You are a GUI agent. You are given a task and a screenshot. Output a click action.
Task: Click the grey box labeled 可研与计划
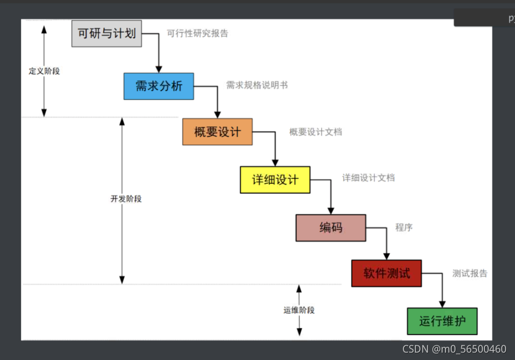click(x=106, y=34)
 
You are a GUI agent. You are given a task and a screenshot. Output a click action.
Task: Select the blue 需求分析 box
click(x=159, y=86)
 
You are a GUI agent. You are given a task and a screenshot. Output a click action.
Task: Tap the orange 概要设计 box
click(x=217, y=132)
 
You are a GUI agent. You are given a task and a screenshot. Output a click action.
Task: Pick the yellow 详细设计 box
click(x=275, y=179)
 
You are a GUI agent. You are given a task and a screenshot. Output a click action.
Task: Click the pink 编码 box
click(x=331, y=227)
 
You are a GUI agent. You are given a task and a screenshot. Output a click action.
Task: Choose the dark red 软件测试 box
click(x=387, y=273)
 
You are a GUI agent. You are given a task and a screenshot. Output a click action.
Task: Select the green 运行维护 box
click(x=442, y=321)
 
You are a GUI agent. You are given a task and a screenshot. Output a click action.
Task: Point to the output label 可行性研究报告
click(x=197, y=33)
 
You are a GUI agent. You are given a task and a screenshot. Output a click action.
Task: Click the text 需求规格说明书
click(x=257, y=85)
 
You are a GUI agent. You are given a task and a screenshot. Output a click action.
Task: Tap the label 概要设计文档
click(x=315, y=132)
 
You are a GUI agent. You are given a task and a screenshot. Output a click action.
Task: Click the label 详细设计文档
click(x=369, y=178)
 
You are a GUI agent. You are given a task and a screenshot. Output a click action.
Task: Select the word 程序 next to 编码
click(x=404, y=227)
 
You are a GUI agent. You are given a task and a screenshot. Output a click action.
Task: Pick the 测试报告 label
click(x=470, y=273)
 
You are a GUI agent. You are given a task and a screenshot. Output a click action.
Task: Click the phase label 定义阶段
click(x=44, y=71)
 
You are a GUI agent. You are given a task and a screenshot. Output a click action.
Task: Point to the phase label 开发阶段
click(x=126, y=199)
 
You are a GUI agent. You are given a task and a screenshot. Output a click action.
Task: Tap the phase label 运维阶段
click(x=299, y=310)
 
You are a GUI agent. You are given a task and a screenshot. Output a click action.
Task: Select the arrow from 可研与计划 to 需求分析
click(x=159, y=53)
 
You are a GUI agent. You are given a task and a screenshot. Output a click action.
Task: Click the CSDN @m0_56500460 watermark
click(x=454, y=349)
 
